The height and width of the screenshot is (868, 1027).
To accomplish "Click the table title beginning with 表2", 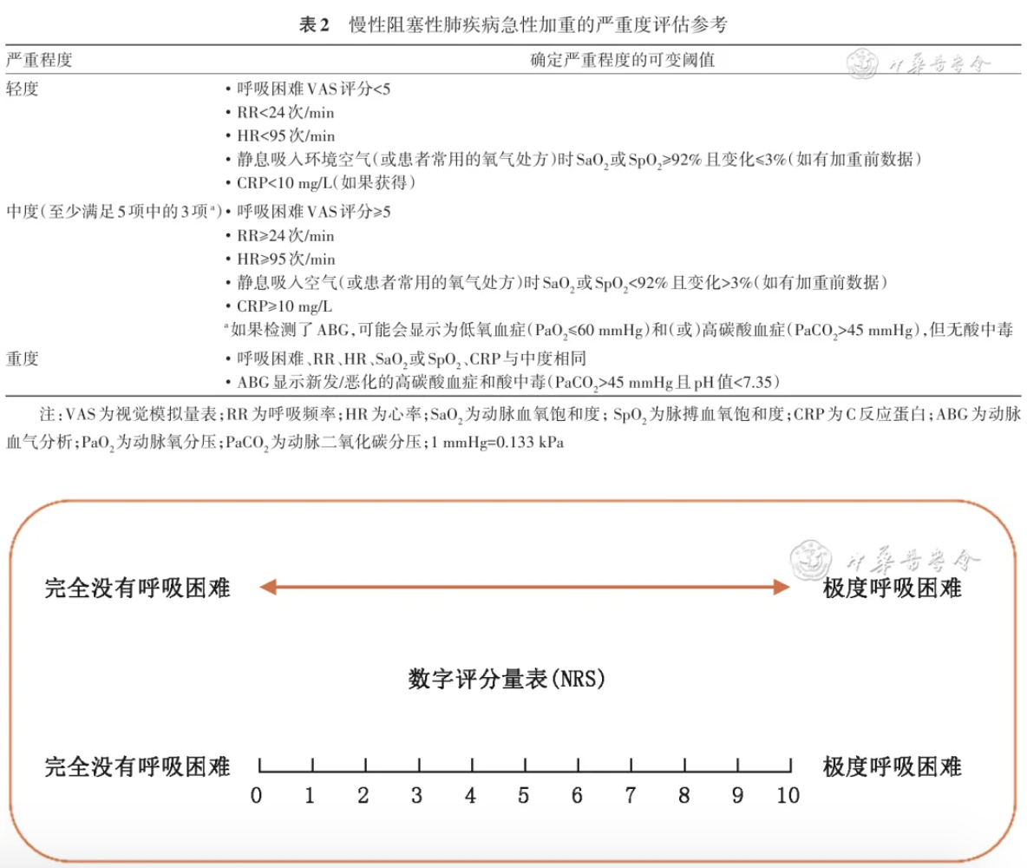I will pos(513,24).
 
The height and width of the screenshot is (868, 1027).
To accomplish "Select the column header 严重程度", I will pos(38,60).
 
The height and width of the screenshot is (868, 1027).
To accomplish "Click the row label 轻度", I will pos(23,89).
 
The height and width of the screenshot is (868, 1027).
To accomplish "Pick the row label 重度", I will pos(23,358).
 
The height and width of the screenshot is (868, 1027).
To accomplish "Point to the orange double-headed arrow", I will pos(525,588).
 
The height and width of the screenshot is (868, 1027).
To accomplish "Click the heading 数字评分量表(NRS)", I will pos(507,679).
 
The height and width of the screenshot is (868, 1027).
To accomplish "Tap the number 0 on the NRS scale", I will pos(257,796).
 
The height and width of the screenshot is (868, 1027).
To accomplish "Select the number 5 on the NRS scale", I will pos(524,796).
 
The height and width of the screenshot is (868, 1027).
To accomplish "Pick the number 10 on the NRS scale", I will pos(788,796).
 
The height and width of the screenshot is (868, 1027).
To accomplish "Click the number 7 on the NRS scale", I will pos(631,796).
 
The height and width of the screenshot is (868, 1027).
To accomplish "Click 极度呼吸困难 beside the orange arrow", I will pos(893,588).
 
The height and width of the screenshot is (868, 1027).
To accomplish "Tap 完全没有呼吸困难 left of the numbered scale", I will pos(137,766).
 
